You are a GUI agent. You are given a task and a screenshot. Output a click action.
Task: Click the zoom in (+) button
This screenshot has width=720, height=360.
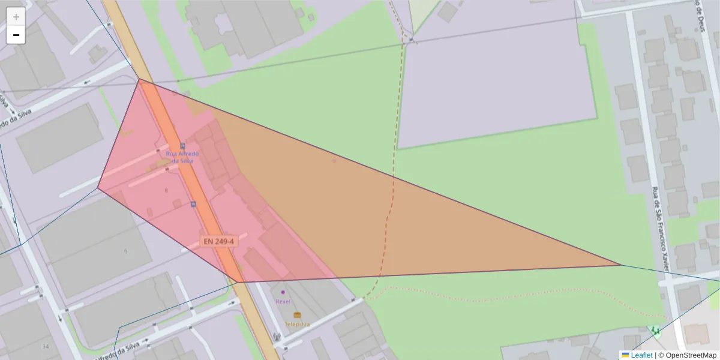[x=16, y=17]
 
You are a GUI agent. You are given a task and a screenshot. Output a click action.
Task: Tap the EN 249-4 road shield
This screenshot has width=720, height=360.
[x=219, y=241]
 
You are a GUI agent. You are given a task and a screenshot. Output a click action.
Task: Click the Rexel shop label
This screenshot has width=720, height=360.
[x=283, y=301]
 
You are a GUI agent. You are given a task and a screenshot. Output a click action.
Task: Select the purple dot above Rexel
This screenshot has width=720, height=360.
[x=283, y=292]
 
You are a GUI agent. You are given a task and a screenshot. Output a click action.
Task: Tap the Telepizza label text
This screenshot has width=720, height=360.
[x=297, y=324]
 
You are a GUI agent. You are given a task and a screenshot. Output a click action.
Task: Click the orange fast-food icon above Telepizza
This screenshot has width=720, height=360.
[x=297, y=315]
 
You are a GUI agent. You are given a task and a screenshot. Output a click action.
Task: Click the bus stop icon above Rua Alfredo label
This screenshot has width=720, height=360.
[x=182, y=146]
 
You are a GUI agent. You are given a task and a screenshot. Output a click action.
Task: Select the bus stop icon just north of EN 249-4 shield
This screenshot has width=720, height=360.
[x=193, y=205]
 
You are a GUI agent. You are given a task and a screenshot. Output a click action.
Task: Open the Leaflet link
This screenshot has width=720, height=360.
[x=641, y=355]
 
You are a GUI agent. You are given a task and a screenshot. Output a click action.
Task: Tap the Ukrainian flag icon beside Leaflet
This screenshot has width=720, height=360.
[x=626, y=355]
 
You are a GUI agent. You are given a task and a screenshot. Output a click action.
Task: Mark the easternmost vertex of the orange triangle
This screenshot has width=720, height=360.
[x=622, y=265]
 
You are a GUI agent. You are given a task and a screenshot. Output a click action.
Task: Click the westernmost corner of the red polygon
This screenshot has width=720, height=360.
[x=98, y=188]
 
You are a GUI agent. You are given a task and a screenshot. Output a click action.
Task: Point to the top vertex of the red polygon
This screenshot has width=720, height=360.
[x=139, y=79]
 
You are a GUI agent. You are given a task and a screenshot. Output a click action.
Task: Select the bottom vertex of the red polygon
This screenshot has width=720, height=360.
[x=238, y=282]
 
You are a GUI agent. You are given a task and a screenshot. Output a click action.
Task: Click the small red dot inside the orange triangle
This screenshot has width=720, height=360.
[x=334, y=161]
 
